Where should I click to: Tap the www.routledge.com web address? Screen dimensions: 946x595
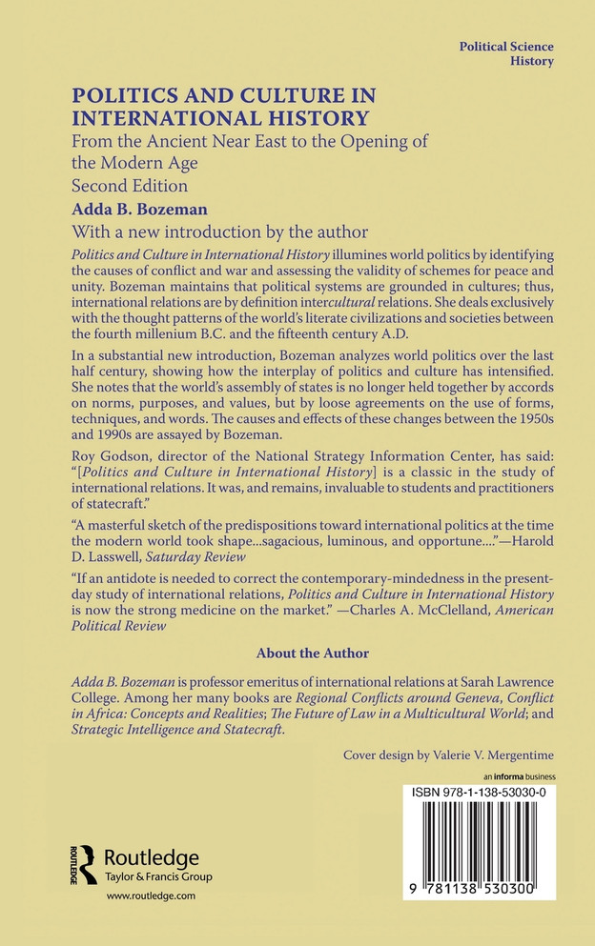click(144, 896)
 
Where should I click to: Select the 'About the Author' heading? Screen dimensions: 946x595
click(312, 653)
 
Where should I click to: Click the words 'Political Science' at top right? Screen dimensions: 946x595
click(506, 46)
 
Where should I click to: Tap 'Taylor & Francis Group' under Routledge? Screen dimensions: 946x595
click(156, 876)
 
